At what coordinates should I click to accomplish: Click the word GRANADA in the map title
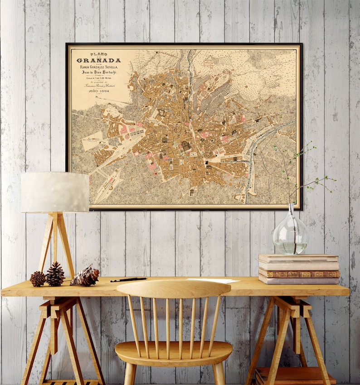[x=98, y=60]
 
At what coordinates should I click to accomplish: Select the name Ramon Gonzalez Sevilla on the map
[x=98, y=67]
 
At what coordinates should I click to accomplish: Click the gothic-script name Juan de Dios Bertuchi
[x=98, y=72]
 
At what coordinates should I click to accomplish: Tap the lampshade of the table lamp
[x=55, y=192]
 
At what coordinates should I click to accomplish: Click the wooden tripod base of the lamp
[x=56, y=240]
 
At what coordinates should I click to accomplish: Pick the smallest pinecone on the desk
[x=38, y=279]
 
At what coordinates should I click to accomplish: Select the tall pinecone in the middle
[x=55, y=274]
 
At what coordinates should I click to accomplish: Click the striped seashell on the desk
[x=85, y=276]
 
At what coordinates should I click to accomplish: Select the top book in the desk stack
[x=298, y=258]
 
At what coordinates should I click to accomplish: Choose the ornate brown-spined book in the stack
[x=299, y=274]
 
